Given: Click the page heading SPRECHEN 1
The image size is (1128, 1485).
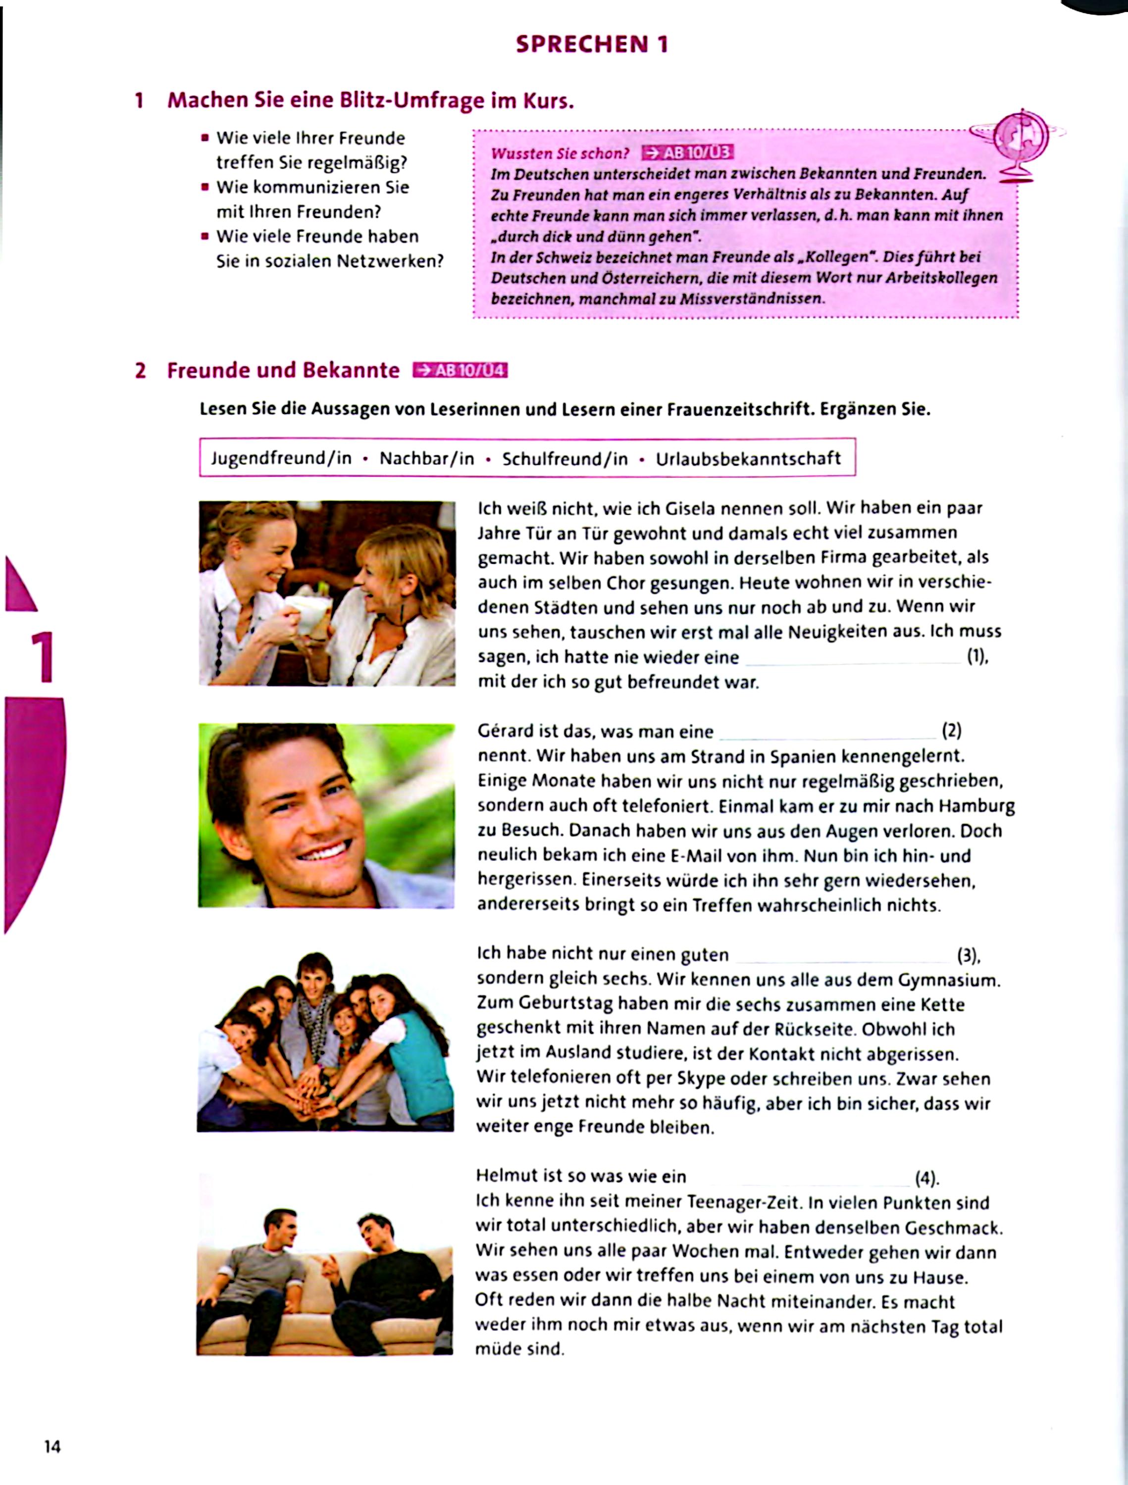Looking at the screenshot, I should [592, 45].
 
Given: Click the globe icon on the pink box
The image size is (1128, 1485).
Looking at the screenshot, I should [1021, 138].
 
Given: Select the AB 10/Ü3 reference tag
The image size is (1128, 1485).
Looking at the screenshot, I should [687, 153].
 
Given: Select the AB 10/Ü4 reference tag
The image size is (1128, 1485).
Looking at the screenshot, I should [460, 371].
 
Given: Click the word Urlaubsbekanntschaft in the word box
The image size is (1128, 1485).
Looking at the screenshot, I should [748, 458].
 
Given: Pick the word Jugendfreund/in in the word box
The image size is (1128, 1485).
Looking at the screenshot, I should [281, 458].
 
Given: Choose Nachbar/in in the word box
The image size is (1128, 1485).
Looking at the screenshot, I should [427, 458].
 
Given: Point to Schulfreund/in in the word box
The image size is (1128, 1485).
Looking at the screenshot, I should [564, 458].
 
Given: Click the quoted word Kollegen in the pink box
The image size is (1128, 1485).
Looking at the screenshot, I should [841, 257].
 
